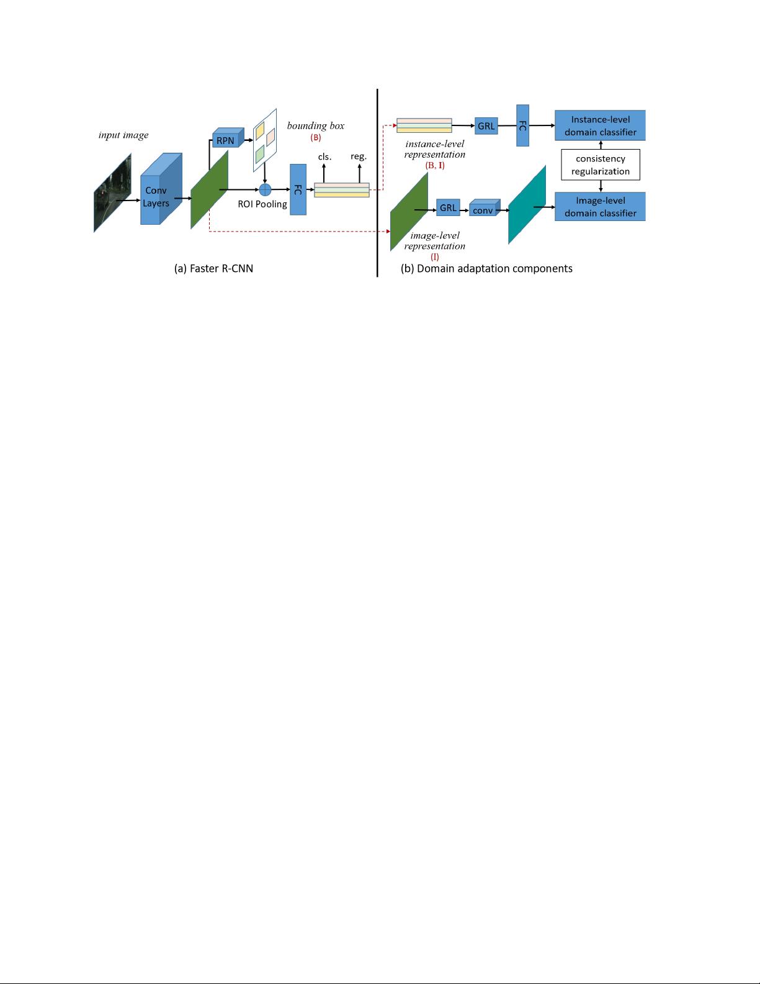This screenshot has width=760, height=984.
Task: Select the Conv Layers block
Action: [161, 189]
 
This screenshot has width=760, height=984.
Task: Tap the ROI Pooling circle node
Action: [265, 189]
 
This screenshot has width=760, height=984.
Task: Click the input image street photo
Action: [112, 193]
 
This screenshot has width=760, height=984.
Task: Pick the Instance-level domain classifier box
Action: [600, 125]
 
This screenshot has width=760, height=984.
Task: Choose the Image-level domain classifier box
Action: [600, 207]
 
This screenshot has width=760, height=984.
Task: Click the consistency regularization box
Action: [601, 165]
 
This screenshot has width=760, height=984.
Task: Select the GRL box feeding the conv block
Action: [448, 207]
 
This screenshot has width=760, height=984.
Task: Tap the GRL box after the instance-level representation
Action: [486, 126]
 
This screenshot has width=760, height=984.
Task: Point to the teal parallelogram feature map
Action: [527, 205]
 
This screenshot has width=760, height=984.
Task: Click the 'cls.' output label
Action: [325, 156]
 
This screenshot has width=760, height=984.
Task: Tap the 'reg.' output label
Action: [359, 156]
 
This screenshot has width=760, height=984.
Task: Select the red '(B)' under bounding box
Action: [315, 137]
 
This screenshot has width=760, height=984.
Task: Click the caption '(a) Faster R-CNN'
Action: [213, 269]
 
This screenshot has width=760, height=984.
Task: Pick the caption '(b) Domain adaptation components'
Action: [486, 269]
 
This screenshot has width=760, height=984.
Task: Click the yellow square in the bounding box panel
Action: [260, 131]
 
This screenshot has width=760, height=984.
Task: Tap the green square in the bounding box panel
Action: [260, 155]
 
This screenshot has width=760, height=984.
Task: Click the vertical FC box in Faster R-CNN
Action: [298, 189]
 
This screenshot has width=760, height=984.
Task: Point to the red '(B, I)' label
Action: [435, 165]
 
